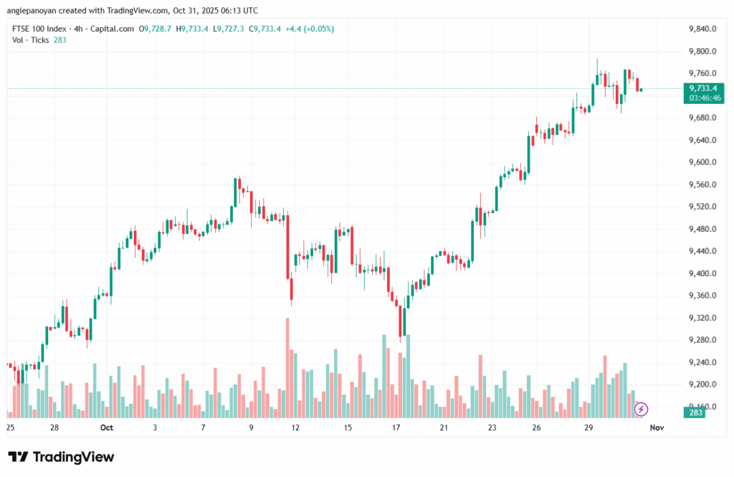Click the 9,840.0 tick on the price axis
tap(702, 29)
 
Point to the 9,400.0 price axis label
tap(702, 273)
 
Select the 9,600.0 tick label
tap(702, 162)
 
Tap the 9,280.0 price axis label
tap(702, 340)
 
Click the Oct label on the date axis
tap(107, 428)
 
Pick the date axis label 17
tap(396, 428)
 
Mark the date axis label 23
tap(492, 428)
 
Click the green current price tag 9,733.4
tap(703, 88)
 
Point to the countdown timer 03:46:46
tap(703, 98)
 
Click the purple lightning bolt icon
tap(641, 409)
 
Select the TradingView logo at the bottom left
tap(61, 457)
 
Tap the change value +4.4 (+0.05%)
tap(309, 29)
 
